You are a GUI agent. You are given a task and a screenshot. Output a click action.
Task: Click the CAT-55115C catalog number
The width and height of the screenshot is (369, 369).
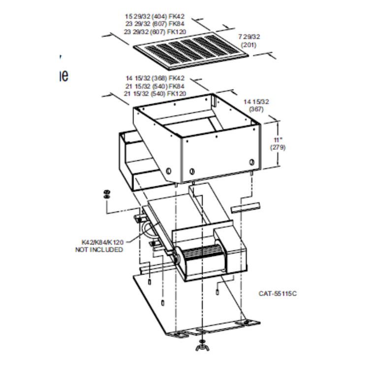278,294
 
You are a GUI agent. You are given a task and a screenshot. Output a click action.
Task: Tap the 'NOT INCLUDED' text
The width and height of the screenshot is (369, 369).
99,249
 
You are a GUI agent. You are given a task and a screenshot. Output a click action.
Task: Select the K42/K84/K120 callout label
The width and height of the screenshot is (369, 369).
102,243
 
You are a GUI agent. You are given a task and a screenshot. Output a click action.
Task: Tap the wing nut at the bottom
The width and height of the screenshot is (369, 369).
202,348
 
